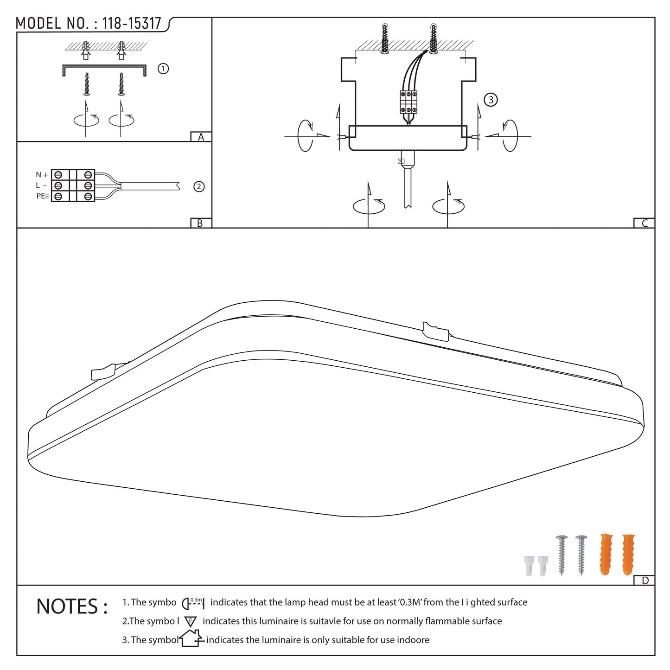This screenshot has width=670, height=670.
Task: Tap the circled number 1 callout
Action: (x=163, y=69)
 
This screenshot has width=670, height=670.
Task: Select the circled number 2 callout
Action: (x=199, y=187)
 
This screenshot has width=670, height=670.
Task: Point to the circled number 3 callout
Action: (x=491, y=100)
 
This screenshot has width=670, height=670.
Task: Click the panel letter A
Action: (x=201, y=137)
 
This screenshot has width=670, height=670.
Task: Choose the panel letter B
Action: (x=200, y=223)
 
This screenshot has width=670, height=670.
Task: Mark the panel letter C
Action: (x=644, y=223)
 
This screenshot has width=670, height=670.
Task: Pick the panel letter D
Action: (x=645, y=581)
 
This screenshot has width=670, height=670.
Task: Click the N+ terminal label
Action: (x=42, y=174)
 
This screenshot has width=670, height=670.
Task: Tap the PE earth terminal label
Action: (x=43, y=196)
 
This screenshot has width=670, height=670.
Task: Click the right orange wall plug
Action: (x=628, y=555)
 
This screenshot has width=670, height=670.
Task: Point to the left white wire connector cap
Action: (x=529, y=566)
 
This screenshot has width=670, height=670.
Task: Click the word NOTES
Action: (x=67, y=606)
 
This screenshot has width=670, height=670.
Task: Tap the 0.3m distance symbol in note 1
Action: (x=193, y=603)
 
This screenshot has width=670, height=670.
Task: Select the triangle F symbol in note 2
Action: (x=191, y=622)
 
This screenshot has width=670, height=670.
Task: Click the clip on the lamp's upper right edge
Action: (x=435, y=332)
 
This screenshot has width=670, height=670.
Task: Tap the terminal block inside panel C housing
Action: (x=408, y=102)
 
